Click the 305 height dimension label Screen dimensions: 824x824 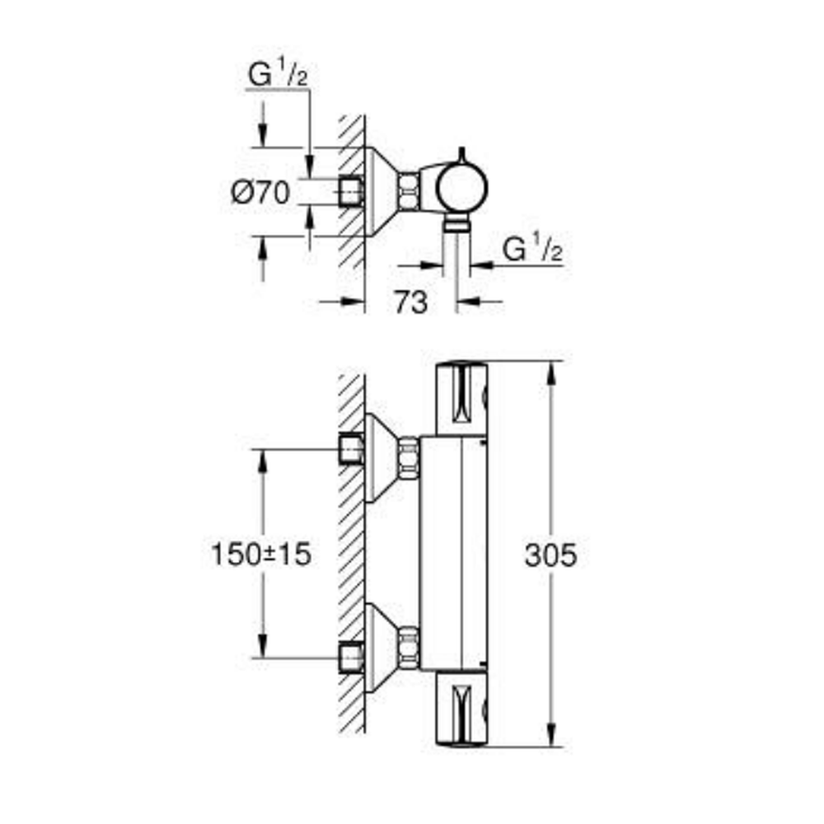click(550, 555)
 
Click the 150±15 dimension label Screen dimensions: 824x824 click(260, 555)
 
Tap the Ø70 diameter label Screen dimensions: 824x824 click(260, 192)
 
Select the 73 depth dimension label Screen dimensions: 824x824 click(411, 302)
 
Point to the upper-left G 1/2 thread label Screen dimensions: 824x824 click(278, 73)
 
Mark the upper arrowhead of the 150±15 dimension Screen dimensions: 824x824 click(263, 461)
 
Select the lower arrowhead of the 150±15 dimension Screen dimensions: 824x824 click(263, 646)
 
